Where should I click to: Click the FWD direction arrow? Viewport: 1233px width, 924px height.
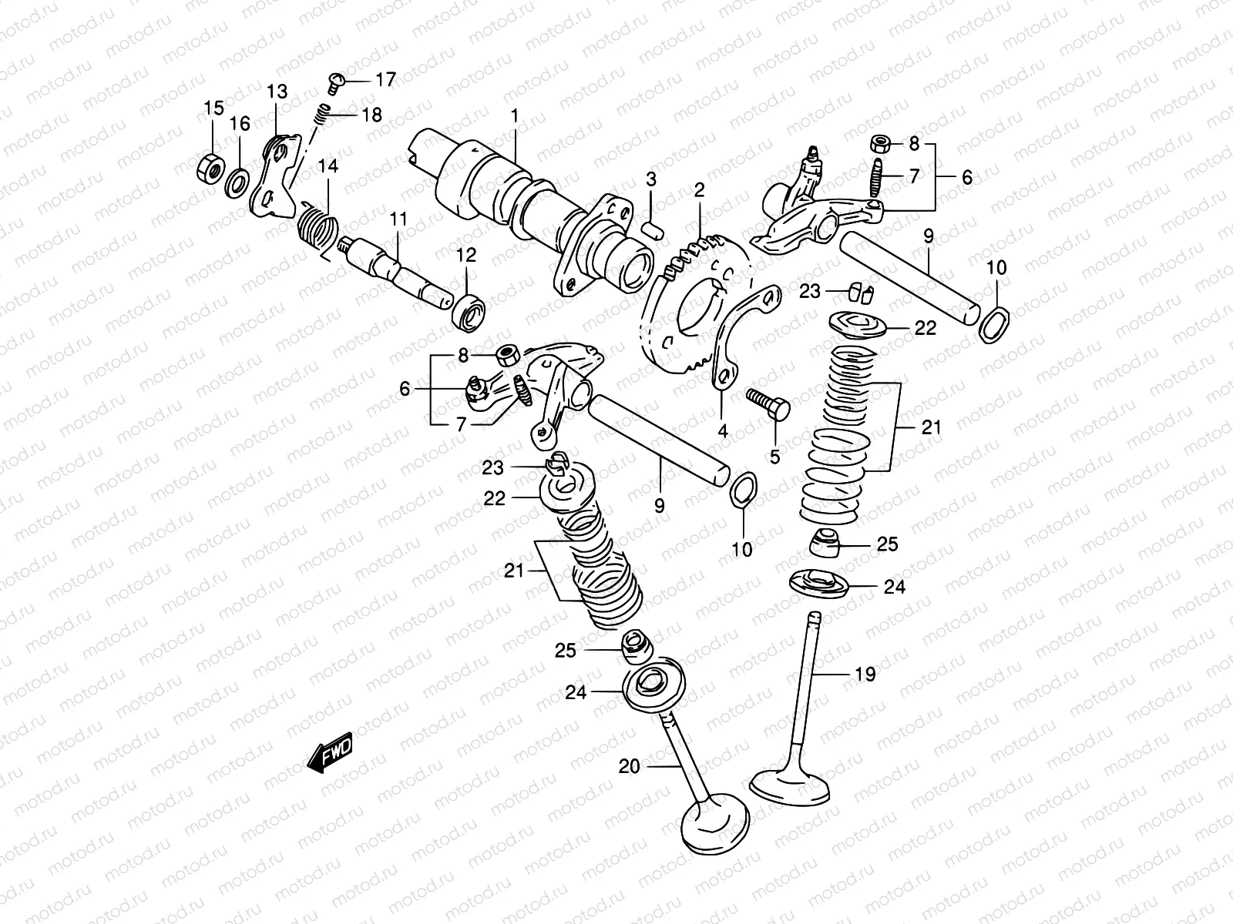pos(331,751)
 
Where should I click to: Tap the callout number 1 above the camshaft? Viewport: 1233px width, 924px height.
pos(515,117)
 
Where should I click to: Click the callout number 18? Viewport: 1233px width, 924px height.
pos(371,115)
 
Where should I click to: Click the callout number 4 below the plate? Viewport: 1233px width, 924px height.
pos(722,431)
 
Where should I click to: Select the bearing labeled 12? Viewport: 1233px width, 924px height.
pos(468,310)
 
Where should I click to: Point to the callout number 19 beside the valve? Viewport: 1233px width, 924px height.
pos(865,675)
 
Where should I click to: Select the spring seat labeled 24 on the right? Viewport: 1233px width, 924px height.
pos(818,583)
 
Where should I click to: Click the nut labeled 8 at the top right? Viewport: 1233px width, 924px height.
pos(902,144)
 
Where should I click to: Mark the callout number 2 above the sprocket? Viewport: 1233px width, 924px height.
pos(699,190)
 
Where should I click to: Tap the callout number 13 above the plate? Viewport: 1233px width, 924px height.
pos(277,92)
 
